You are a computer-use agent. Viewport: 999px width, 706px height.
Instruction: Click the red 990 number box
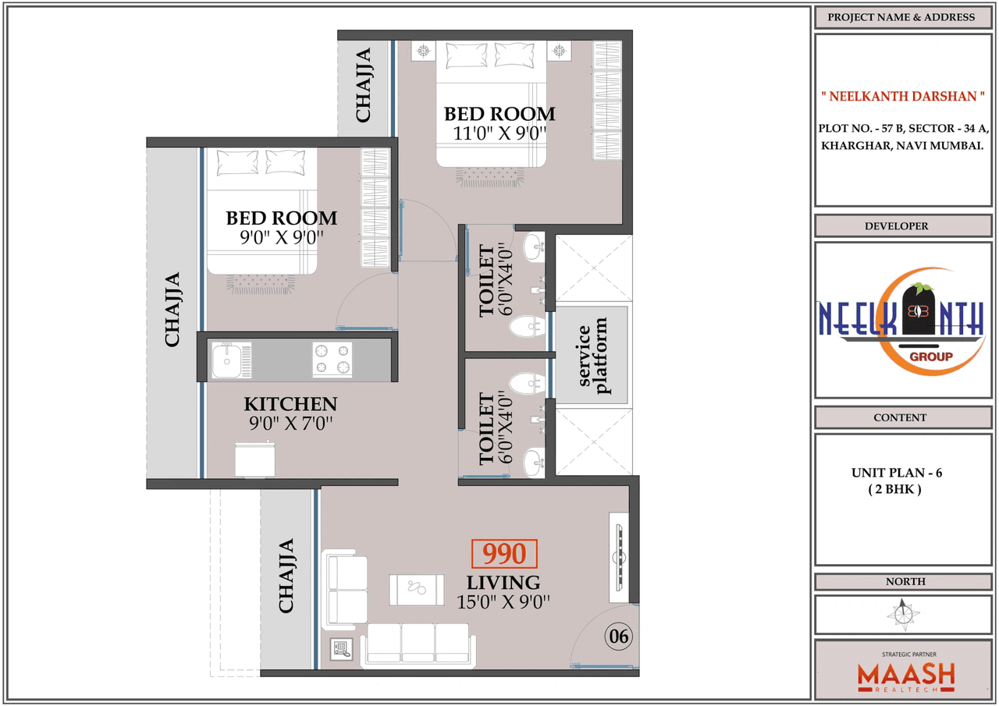(x=504, y=554)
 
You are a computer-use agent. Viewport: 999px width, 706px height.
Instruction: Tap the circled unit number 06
(x=619, y=637)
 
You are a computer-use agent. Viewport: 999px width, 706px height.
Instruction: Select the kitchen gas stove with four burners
(x=332, y=360)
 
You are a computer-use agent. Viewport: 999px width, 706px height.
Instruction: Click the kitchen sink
(x=226, y=360)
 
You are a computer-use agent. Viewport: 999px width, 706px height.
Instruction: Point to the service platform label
(x=592, y=356)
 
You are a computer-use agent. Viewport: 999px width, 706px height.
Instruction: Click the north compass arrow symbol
(x=904, y=614)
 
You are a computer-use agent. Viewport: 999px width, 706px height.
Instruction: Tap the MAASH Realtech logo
(x=905, y=676)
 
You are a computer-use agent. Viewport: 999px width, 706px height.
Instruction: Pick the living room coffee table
(x=417, y=588)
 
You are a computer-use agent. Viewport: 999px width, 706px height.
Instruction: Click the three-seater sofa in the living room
(x=420, y=644)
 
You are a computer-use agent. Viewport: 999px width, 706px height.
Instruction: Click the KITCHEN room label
(x=290, y=404)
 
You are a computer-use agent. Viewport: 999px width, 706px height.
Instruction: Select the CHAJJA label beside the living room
(x=286, y=575)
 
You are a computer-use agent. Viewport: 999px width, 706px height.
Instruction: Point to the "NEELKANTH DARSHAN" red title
(x=901, y=97)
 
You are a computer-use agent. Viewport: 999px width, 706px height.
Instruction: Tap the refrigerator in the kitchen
(x=254, y=459)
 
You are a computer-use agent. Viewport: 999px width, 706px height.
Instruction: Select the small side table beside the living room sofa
(x=342, y=648)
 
